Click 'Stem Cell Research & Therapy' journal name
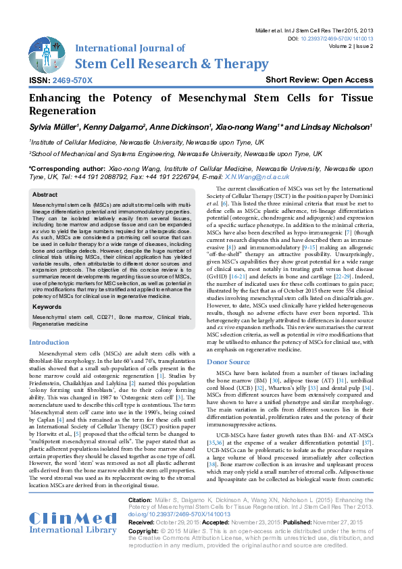point(172,64)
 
